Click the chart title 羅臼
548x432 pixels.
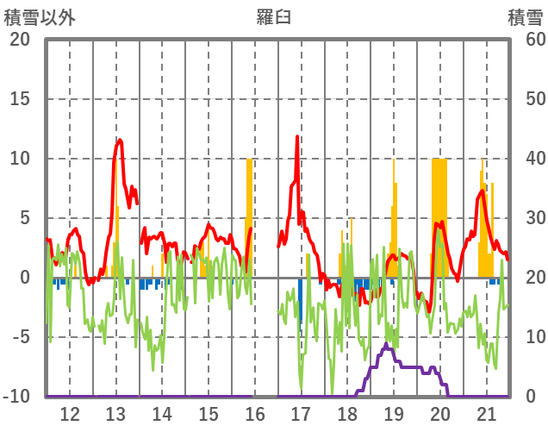(273, 16)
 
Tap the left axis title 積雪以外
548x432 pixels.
(37, 16)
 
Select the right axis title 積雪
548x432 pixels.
(525, 16)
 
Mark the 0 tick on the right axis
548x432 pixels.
(530, 397)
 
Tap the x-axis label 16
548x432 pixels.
(254, 413)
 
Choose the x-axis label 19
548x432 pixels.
(393, 413)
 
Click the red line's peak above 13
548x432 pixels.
(119, 140)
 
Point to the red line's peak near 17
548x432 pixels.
(297, 136)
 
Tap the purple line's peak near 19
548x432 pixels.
(386, 345)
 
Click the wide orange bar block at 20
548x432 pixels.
(439, 216)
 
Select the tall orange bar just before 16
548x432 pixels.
(250, 216)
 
